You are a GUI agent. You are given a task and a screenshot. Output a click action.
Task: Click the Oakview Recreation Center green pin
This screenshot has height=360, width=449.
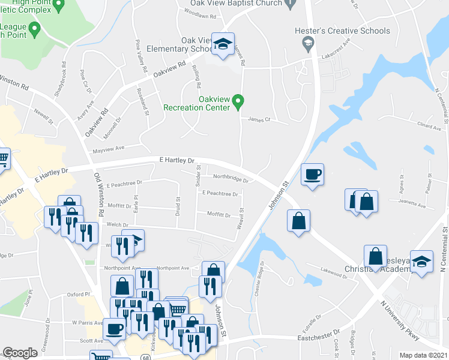pyautogui.click(x=238, y=101)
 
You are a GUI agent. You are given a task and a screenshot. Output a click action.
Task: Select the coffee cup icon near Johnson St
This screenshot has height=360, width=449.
pyautogui.click(x=312, y=175)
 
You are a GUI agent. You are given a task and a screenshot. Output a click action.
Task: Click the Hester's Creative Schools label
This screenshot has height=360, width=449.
pyautogui.click(x=343, y=31)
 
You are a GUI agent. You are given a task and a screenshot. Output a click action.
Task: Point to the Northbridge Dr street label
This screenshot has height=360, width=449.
pyautogui.click(x=231, y=178)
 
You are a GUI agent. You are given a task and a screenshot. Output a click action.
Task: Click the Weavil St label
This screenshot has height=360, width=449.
pyautogui.click(x=241, y=218)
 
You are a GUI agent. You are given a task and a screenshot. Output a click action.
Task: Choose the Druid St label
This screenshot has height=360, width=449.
pyautogui.click(x=178, y=207)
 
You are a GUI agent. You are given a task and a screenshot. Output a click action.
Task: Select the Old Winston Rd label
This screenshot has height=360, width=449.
pyautogui.click(x=99, y=195)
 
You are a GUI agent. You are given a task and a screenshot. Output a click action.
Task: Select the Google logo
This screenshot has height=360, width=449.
pyautogui.click(x=20, y=353)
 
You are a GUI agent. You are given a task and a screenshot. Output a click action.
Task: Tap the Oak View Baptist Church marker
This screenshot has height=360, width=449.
pyautogui.click(x=291, y=4)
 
